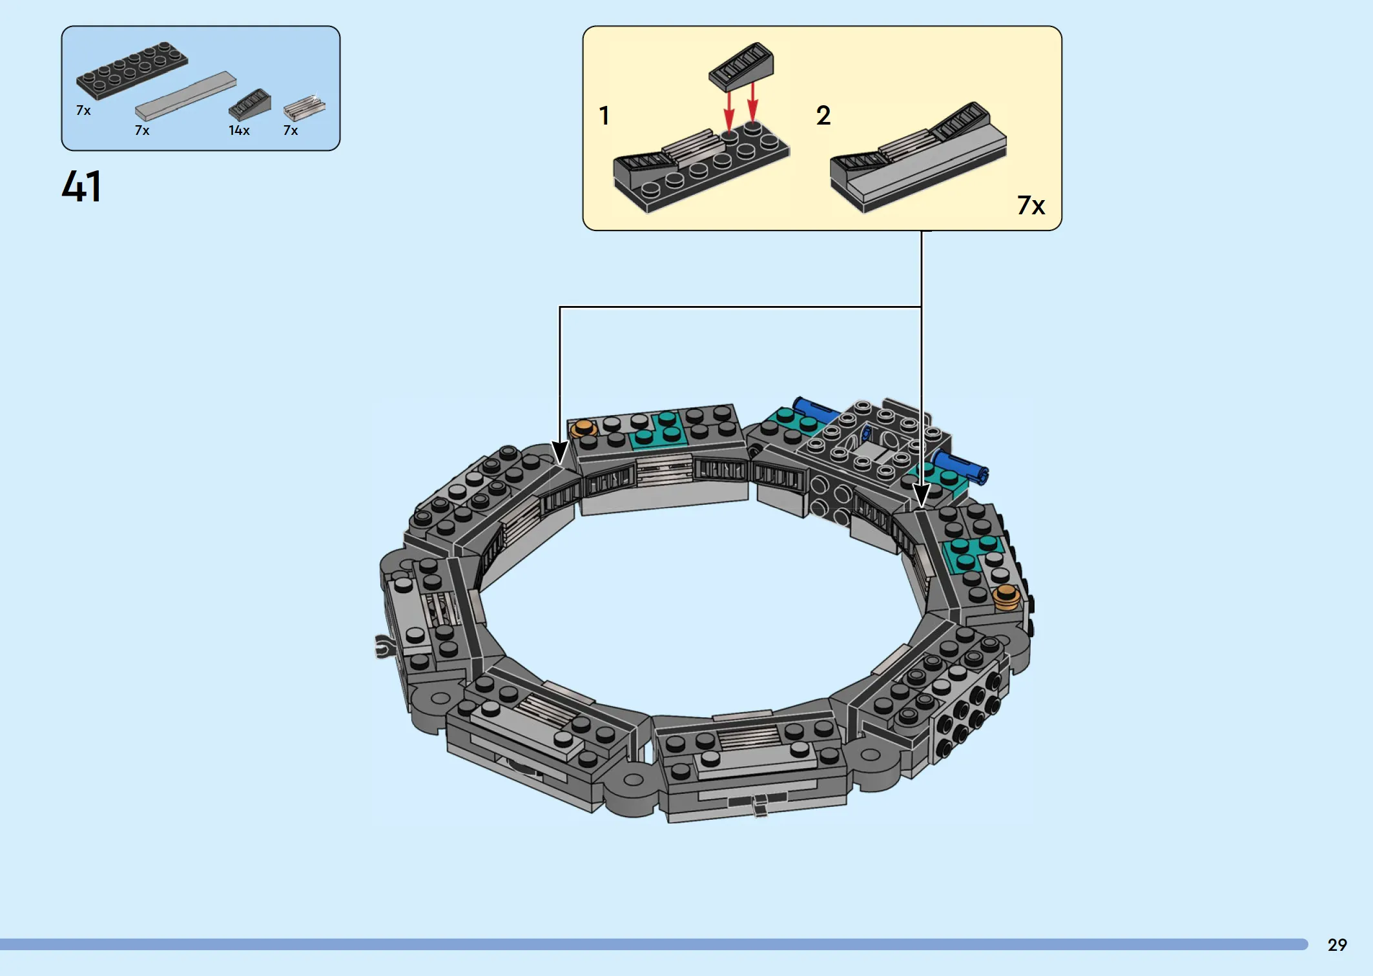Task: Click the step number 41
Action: pos(81,187)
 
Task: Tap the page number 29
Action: pos(1337,945)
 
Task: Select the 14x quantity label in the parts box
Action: pos(239,130)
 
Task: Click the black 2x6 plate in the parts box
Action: pos(132,70)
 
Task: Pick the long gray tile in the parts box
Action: pos(185,96)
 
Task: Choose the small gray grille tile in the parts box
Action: pos(304,108)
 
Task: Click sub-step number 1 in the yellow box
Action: pos(604,116)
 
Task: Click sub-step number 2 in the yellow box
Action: pos(823,116)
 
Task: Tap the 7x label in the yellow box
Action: pos(1031,205)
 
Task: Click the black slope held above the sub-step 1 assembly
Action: pos(741,66)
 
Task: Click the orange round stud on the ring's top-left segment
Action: pos(584,428)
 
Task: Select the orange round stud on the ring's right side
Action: pos(1006,597)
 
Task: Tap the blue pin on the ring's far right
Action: pos(960,466)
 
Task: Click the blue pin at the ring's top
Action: pos(815,410)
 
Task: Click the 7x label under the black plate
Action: pos(83,110)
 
